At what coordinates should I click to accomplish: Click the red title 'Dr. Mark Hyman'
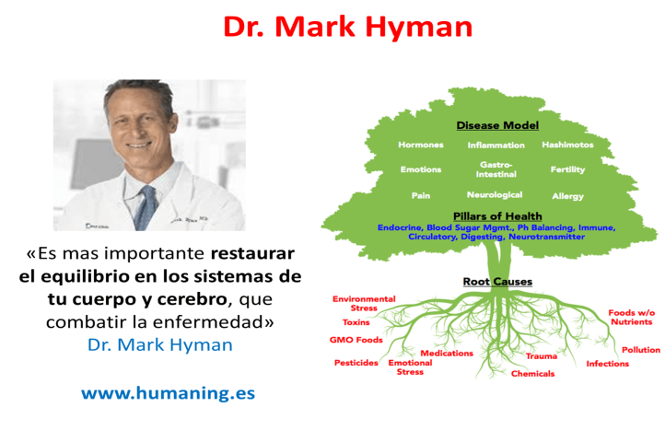pos(347,27)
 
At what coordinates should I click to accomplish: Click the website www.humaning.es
pos(168,392)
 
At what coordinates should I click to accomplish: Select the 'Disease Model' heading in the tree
pos(497,125)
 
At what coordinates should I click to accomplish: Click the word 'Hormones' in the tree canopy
pos(421,145)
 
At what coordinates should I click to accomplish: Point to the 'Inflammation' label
pos(496,145)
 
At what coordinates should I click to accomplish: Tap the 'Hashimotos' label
pos(567,145)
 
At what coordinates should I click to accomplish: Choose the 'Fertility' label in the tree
pos(567,169)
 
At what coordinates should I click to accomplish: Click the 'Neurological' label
pos(495,194)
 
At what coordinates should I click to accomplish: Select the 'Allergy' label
pos(567,195)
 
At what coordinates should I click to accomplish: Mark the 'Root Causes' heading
pos(497,281)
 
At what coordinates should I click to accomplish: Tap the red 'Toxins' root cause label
pos(356,322)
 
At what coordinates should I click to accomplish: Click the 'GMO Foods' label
pos(356,340)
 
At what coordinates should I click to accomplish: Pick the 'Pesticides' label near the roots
pos(356,363)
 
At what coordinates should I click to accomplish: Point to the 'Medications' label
pos(447,353)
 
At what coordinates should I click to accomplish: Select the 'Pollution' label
pos(640,349)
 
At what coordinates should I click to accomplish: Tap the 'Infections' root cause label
pos(608,363)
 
